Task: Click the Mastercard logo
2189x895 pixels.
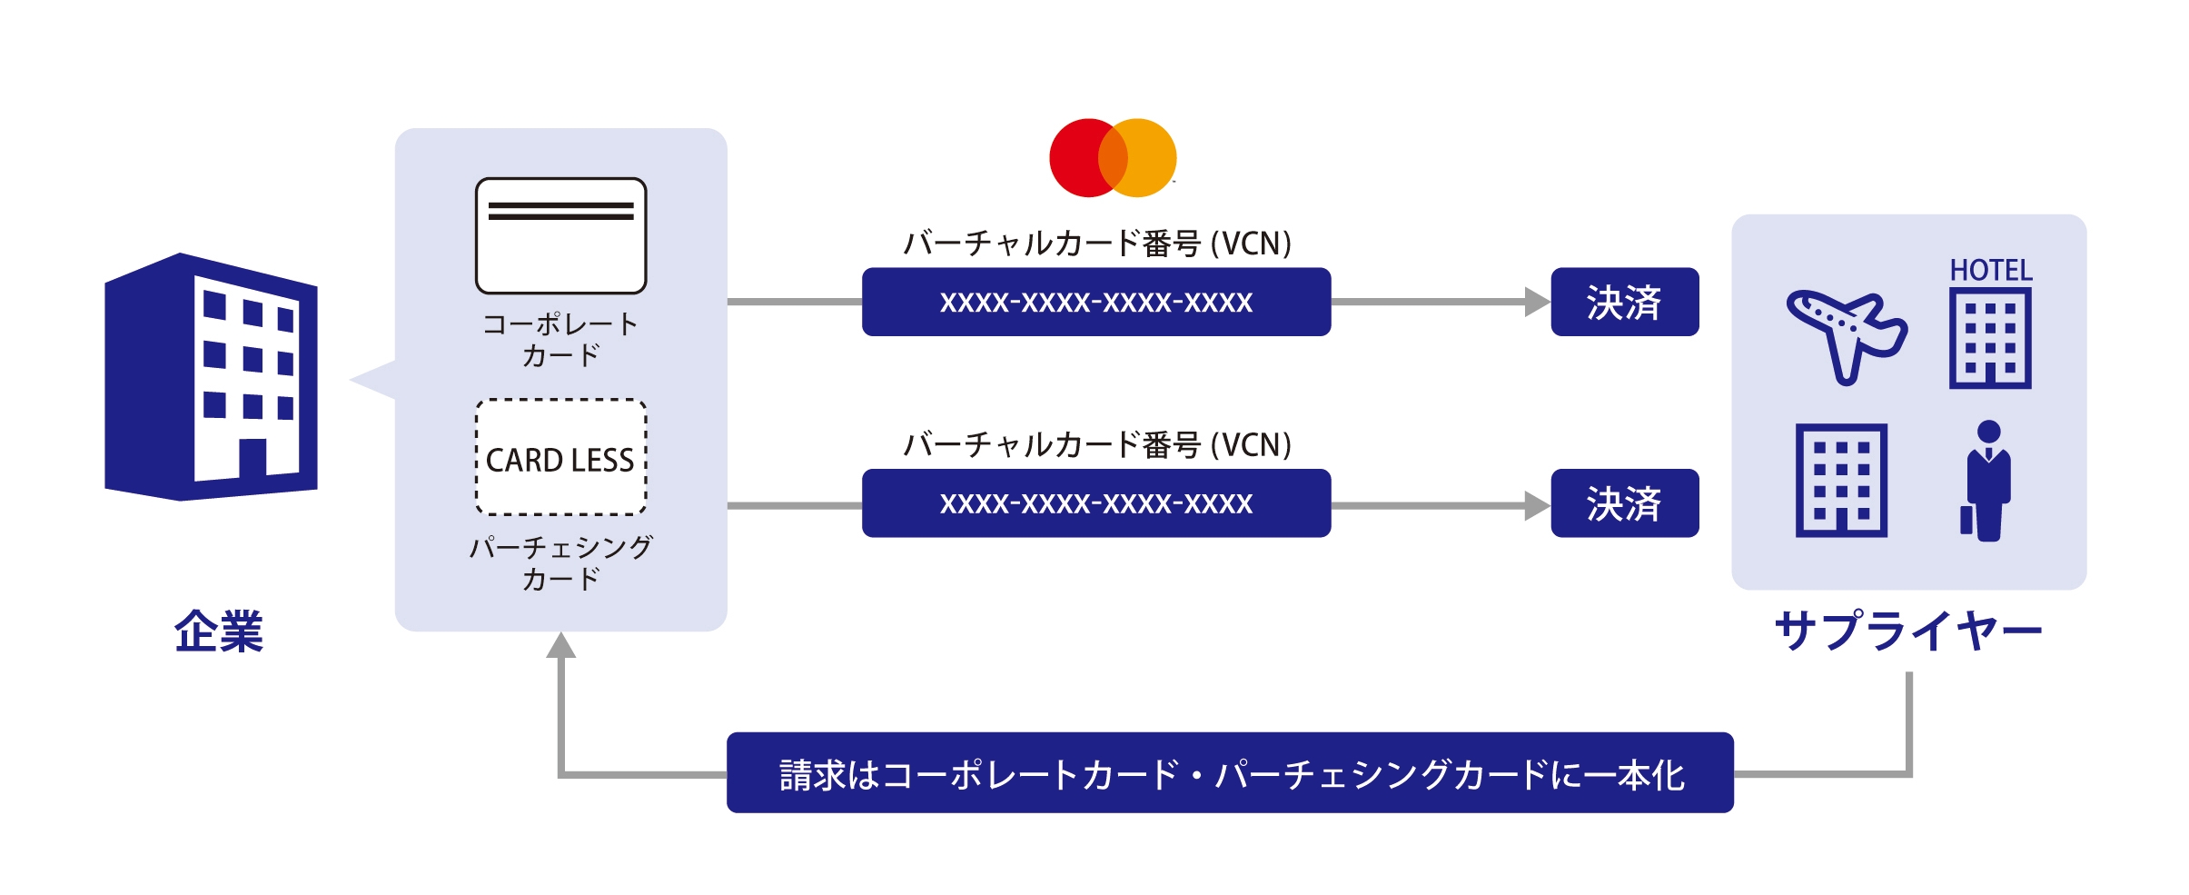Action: pos(1113,157)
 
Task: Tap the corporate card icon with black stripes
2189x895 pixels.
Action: pos(560,235)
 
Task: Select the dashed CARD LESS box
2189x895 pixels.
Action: pos(560,457)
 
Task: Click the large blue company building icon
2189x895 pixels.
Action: pos(211,376)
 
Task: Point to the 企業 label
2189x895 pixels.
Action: pos(218,631)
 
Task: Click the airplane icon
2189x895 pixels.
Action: pos(1847,334)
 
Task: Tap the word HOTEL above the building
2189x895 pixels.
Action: pos(1990,270)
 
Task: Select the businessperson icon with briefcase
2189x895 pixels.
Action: pos(1987,481)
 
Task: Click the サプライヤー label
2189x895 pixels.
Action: pos(1907,631)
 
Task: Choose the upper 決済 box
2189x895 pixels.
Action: pos(1624,302)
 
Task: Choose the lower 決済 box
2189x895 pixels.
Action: pos(1624,503)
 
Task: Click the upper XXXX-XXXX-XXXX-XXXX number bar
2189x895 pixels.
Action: pos(1095,302)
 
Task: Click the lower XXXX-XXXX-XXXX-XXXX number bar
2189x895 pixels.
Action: pos(1095,503)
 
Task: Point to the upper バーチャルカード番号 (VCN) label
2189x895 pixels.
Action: pos(1095,244)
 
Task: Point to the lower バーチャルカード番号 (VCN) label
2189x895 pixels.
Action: pos(1095,445)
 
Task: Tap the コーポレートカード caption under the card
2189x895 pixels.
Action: pos(560,339)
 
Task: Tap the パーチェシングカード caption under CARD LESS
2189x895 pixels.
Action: pos(560,562)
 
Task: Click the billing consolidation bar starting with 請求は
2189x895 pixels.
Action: pos(1230,773)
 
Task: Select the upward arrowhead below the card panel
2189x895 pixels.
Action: pos(561,645)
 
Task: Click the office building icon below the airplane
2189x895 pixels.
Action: pos(1841,481)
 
